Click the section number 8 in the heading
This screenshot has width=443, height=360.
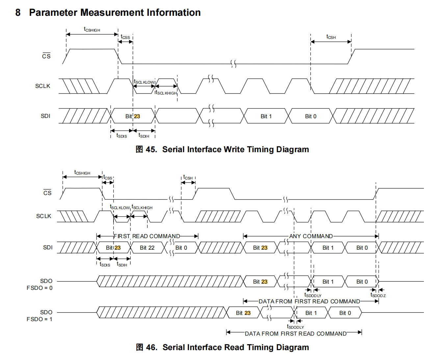[x=18, y=13]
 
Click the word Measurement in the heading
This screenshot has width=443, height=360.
[x=112, y=13]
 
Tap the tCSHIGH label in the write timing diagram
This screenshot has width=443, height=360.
[x=92, y=29]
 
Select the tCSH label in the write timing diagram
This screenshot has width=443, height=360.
[x=331, y=37]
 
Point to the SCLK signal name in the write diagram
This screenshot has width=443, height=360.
[x=43, y=86]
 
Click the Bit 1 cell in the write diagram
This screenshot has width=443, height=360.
[x=266, y=116]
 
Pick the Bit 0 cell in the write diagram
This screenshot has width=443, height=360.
[x=310, y=116]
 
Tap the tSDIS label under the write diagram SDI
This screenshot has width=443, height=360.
[x=122, y=136]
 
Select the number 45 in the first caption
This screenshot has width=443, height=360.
[x=151, y=150]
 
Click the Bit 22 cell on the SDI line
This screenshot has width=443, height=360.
[x=147, y=248]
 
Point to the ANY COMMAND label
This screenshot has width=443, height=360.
[x=311, y=236]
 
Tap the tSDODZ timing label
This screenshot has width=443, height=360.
[x=378, y=295]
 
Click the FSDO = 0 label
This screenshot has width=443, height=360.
[x=39, y=288]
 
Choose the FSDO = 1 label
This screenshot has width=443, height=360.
[x=39, y=319]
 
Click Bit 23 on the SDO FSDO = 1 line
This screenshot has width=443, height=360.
[x=243, y=313]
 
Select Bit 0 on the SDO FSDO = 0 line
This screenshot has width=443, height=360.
[x=362, y=282]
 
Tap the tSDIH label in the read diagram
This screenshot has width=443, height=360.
[x=122, y=264]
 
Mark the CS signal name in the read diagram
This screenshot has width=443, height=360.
[x=47, y=192]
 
